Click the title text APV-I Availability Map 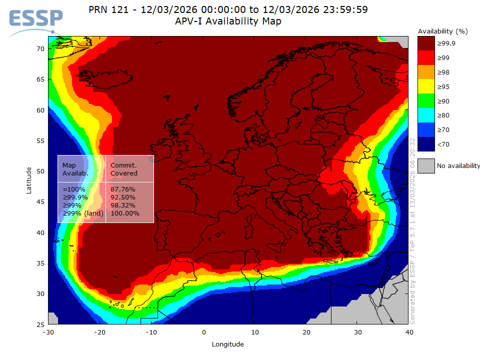coord(228,21)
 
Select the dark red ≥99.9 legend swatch coord(425,43)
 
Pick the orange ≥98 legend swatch coord(425,72)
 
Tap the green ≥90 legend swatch coord(425,101)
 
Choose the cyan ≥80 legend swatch coord(425,115)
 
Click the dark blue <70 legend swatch coord(425,144)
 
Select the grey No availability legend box coord(425,165)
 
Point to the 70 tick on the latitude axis coord(40,48)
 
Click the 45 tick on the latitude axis coord(40,202)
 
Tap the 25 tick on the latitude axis coord(40,324)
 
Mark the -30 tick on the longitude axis coord(48,332)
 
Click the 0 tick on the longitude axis coord(203,332)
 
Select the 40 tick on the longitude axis coord(409,332)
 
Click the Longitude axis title coord(228,344)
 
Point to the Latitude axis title coord(29,180)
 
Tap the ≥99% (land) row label coord(83,213)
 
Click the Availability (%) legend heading coord(443,31)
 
